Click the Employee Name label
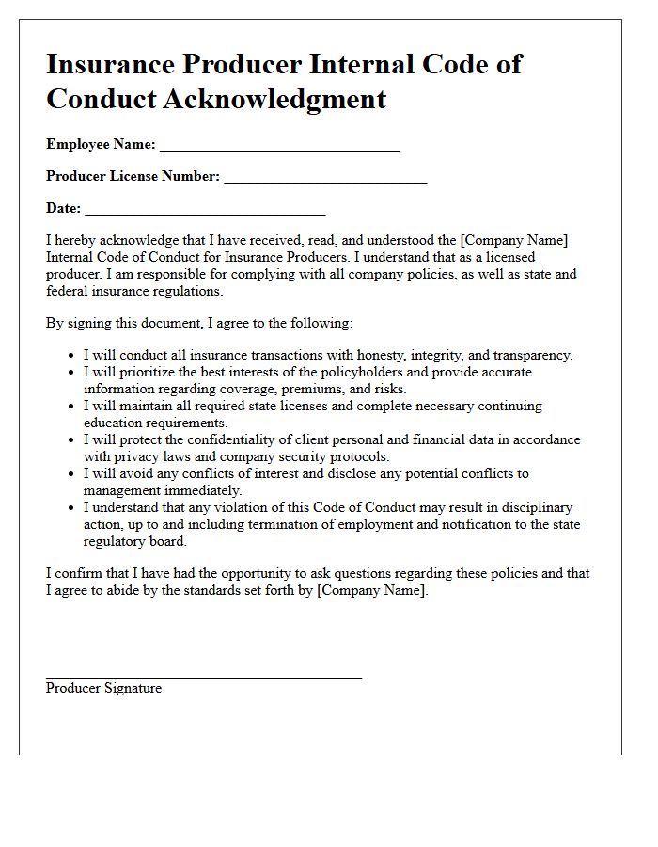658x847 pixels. pyautogui.click(x=101, y=144)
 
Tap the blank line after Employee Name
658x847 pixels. pyautogui.click(x=280, y=149)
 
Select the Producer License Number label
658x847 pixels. pyautogui.click(x=133, y=176)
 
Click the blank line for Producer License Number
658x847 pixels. pyautogui.click(x=325, y=181)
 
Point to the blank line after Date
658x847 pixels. pyautogui.click(x=205, y=213)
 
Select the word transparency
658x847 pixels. pyautogui.click(x=531, y=355)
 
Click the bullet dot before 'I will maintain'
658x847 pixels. pyautogui.click(x=72, y=407)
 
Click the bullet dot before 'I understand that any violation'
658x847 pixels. pyautogui.click(x=72, y=508)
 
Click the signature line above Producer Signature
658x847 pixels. pyautogui.click(x=203, y=676)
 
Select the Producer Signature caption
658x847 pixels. pyautogui.click(x=103, y=688)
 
